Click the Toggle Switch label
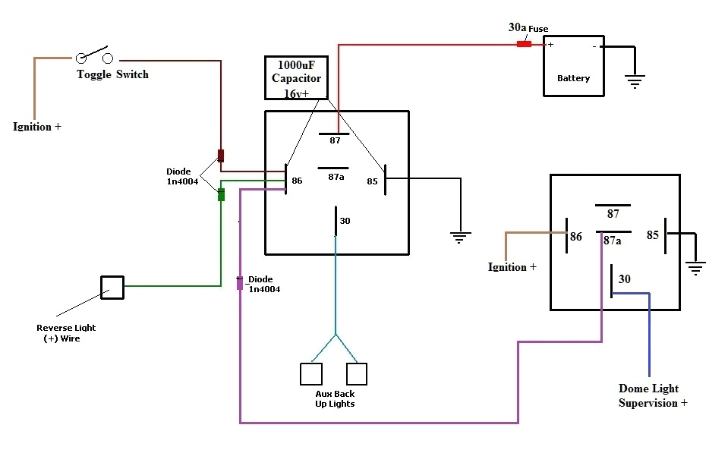(x=112, y=74)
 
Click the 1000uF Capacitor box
(x=296, y=77)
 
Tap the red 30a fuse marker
(x=524, y=44)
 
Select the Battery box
(x=573, y=65)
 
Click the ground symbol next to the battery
(x=634, y=80)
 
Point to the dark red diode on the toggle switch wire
(x=221, y=156)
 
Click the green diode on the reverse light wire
(x=221, y=194)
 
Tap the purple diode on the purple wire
(x=240, y=283)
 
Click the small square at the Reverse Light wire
(x=112, y=287)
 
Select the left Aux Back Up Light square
(x=311, y=373)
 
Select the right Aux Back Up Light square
(x=357, y=373)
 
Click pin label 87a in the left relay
(x=336, y=177)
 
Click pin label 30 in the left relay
(x=345, y=221)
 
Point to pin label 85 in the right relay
(x=652, y=235)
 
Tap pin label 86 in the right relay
(x=576, y=237)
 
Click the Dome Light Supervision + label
(x=653, y=395)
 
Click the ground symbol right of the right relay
(x=695, y=267)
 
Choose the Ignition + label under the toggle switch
(x=37, y=127)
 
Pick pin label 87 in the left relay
(x=335, y=140)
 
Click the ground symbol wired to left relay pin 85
(x=458, y=238)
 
